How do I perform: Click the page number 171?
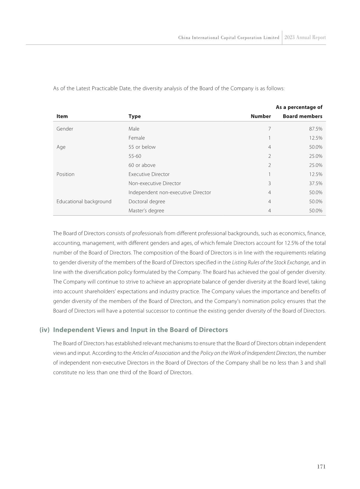pos(321,467)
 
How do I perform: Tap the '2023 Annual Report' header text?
pos(305,38)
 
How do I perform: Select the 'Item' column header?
pos(62,116)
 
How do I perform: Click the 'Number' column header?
pos(260,116)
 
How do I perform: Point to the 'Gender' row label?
pos(65,129)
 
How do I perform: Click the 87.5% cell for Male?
pos(316,129)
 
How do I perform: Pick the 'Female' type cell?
pos(136,138)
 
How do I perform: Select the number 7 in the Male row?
pos(269,129)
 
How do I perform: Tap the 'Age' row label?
pos(61,147)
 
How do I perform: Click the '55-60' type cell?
pos(135,156)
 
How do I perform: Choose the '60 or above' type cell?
pos(142,165)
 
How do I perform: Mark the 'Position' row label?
pos(65,174)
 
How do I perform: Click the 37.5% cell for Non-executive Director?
pos(316,183)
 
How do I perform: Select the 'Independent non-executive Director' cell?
pos(169,193)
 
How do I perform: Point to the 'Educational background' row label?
pos(84,202)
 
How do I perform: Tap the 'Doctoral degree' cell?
pos(147,202)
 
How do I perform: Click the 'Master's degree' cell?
pos(146,211)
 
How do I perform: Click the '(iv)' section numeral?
pos(44,330)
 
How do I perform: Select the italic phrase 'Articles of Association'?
pos(156,353)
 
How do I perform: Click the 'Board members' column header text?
pos(302,116)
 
